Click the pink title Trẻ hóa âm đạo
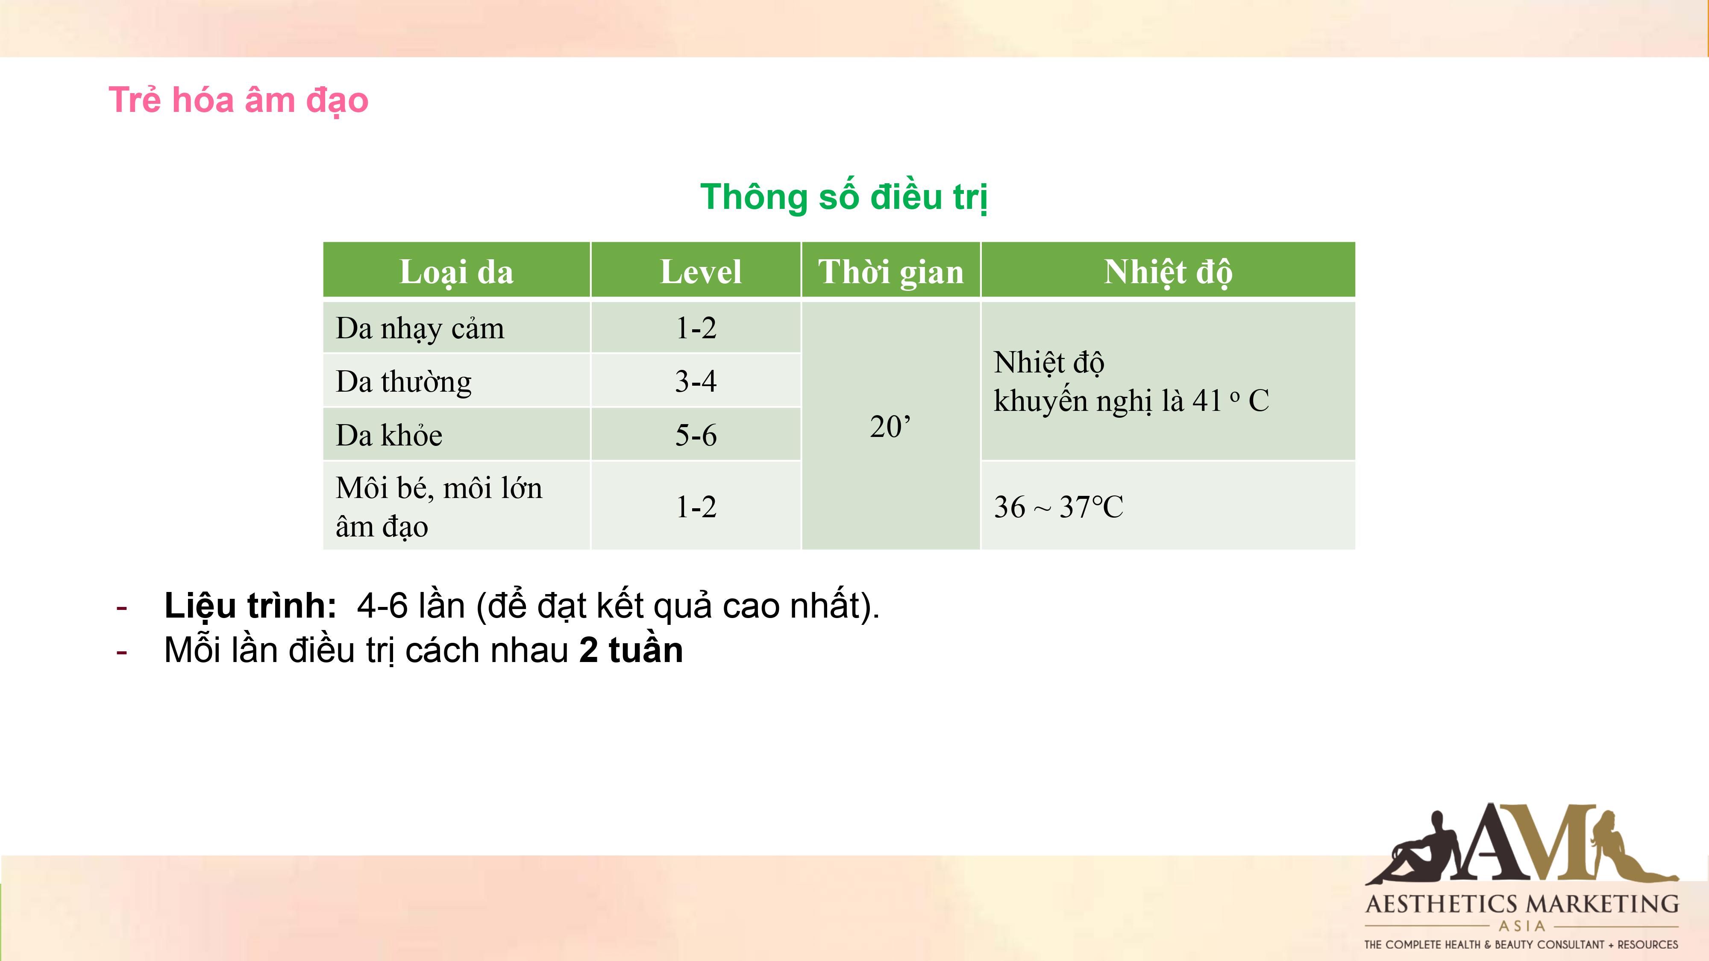238,101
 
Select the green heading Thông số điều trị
844,196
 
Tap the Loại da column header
456,272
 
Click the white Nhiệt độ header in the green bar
1168,272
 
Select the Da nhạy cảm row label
420,328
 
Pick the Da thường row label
403,382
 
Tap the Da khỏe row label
389,435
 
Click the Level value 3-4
696,381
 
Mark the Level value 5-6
696,435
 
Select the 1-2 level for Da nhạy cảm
696,328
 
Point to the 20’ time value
890,426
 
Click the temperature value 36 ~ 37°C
1058,507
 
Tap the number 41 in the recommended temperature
1207,401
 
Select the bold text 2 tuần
631,650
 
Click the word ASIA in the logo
1522,925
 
